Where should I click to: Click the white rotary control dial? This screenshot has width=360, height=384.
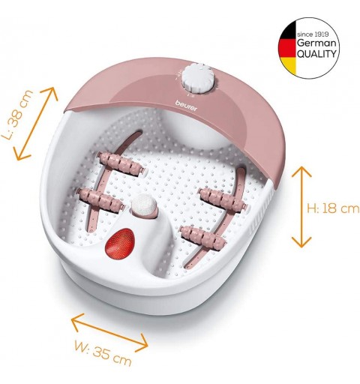pyautogui.click(x=199, y=78)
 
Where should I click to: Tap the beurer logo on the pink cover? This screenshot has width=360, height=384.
pyautogui.click(x=186, y=106)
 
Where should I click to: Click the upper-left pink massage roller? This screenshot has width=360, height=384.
pyautogui.click(x=121, y=163)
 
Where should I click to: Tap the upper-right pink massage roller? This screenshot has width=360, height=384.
pyautogui.click(x=223, y=199)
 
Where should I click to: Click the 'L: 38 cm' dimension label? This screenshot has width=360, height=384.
pyautogui.click(x=17, y=115)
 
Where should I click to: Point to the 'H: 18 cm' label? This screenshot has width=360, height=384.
pyautogui.click(x=333, y=208)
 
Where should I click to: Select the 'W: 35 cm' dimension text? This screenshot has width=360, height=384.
pyautogui.click(x=103, y=354)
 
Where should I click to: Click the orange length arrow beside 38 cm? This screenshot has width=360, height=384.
pyautogui.click(x=35, y=124)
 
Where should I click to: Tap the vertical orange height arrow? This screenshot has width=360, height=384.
pyautogui.click(x=301, y=207)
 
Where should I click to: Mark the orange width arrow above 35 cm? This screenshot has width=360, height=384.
pyautogui.click(x=109, y=333)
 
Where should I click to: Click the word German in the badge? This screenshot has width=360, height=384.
pyautogui.click(x=316, y=43)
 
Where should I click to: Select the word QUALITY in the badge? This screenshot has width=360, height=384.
pyautogui.click(x=316, y=53)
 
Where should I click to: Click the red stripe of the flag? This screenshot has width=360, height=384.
pyautogui.click(x=288, y=48)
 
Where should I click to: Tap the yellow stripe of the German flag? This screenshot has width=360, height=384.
pyautogui.click(x=290, y=65)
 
